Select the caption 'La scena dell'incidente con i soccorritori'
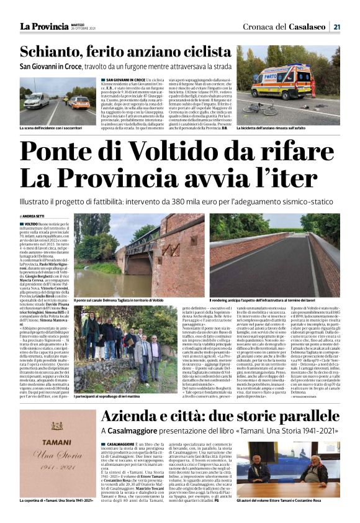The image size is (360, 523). [52, 127]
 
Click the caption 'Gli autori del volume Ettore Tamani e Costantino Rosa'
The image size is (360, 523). [288, 500]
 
